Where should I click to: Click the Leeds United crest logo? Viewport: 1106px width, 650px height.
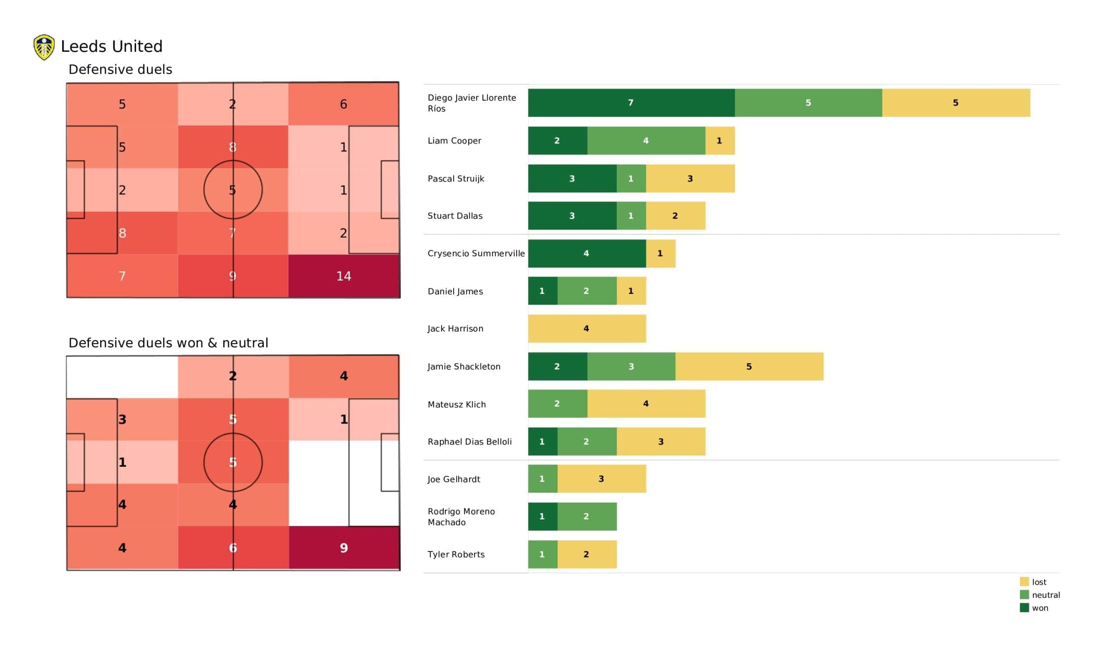point(44,47)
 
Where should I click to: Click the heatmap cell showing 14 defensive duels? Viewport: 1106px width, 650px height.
point(343,276)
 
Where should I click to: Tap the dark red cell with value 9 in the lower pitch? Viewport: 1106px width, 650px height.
point(343,548)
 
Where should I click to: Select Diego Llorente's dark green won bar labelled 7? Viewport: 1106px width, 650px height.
point(631,103)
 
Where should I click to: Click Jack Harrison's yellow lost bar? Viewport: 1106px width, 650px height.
point(587,328)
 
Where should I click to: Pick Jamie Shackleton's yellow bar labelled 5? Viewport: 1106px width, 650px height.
point(749,366)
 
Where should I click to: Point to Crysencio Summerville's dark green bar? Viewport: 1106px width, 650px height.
point(587,253)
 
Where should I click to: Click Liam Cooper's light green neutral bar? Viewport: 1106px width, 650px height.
point(646,140)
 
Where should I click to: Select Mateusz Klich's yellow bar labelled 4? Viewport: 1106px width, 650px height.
point(646,404)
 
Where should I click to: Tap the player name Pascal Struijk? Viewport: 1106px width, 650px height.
point(455,179)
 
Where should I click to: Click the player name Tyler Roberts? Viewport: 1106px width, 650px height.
point(456,554)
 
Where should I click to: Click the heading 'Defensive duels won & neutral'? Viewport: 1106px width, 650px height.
point(168,343)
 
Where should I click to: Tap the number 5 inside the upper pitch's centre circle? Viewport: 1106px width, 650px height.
point(232,190)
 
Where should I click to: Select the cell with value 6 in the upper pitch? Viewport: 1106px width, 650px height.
point(343,104)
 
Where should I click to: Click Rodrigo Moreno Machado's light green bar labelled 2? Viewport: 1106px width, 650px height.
point(587,516)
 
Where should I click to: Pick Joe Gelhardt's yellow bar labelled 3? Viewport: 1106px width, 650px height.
point(601,479)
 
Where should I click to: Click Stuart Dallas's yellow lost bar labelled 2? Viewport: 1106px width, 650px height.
point(675,216)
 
